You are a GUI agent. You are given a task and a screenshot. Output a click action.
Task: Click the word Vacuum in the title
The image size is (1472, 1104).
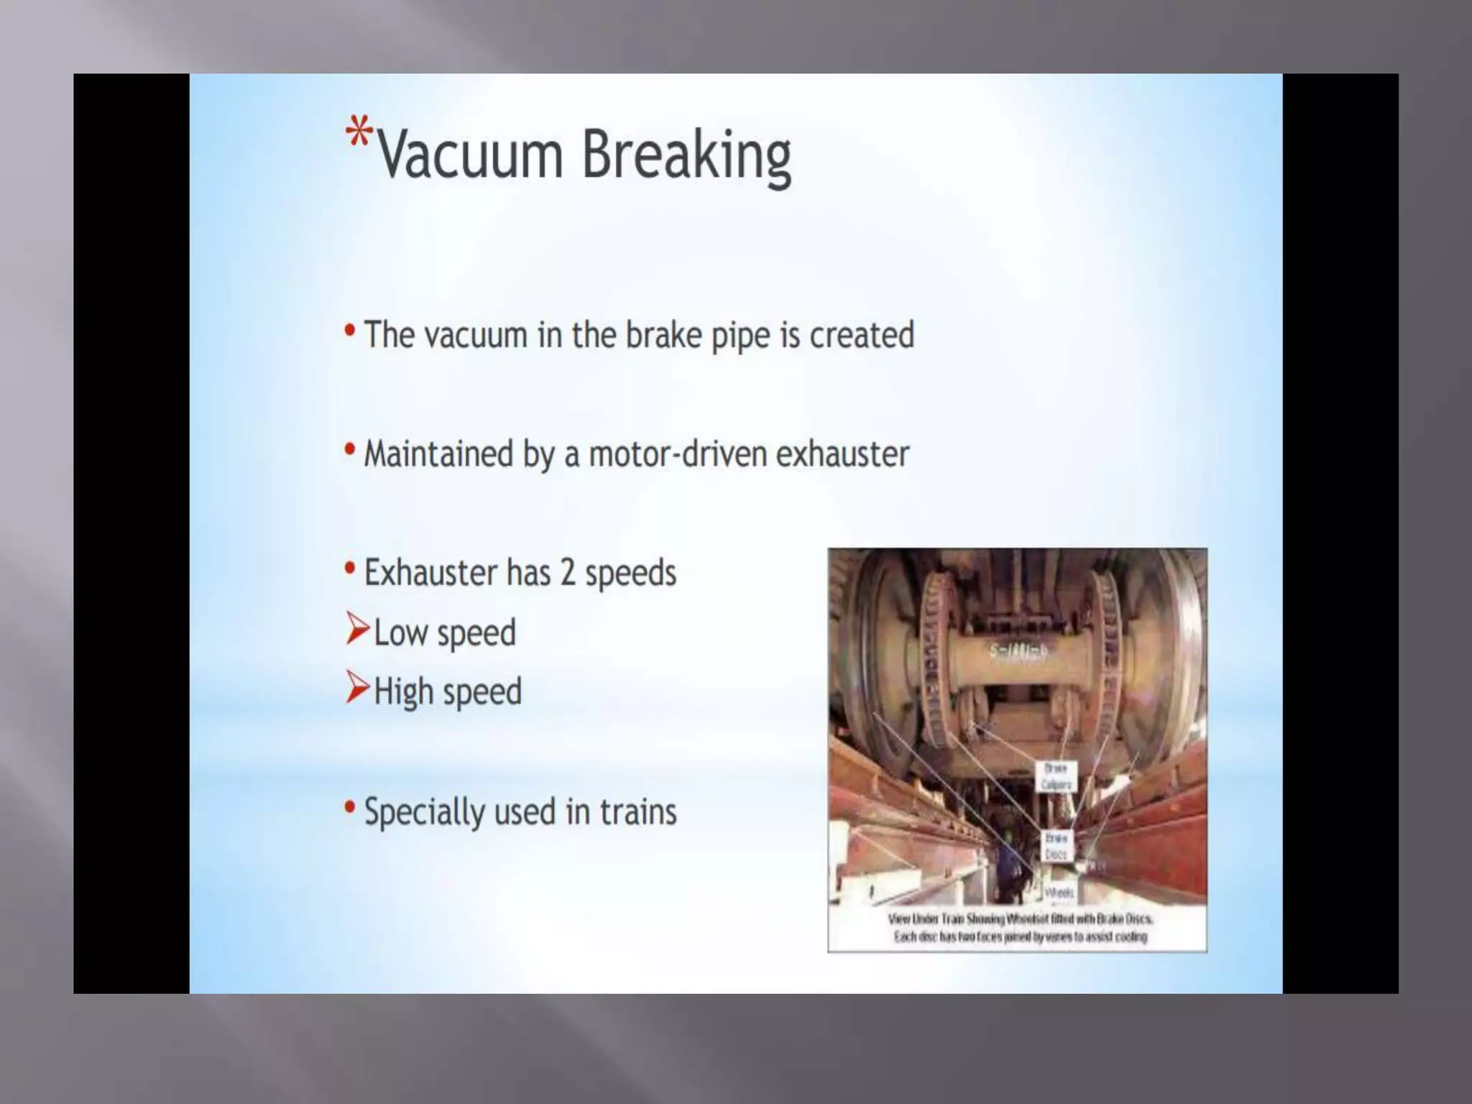pyautogui.click(x=470, y=155)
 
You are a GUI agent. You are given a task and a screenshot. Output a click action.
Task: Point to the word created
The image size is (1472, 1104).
pyautogui.click(x=862, y=335)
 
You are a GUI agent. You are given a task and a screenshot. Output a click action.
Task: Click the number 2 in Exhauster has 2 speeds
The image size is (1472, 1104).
pyautogui.click(x=568, y=573)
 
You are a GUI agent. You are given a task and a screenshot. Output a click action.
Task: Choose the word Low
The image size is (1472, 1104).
pyautogui.click(x=400, y=632)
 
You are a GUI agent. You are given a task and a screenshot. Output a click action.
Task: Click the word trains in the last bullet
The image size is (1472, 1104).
pyautogui.click(x=638, y=811)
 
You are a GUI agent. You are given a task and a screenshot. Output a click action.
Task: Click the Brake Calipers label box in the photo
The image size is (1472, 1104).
pyautogui.click(x=1056, y=776)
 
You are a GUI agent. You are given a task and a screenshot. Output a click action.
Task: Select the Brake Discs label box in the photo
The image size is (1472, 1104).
pyautogui.click(x=1056, y=846)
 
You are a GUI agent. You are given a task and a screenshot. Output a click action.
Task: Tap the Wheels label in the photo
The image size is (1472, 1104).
pyautogui.click(x=1059, y=893)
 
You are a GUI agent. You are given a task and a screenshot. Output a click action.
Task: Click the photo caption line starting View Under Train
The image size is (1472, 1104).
pyautogui.click(x=1020, y=919)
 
